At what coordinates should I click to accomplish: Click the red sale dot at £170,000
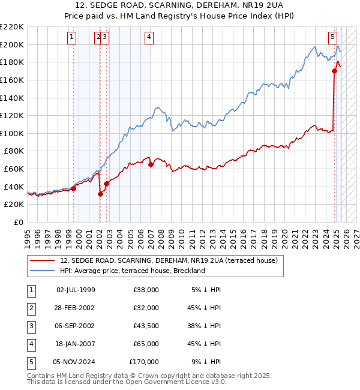pos(335,71)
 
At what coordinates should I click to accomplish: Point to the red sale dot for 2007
pos(151,164)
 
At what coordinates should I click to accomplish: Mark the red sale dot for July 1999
pos(74,188)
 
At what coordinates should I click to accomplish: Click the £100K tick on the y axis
pos(13,133)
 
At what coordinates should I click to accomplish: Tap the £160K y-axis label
pos(13,80)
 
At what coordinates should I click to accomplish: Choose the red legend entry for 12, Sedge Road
pos(169,261)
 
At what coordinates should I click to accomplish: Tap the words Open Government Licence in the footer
pos(167,382)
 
